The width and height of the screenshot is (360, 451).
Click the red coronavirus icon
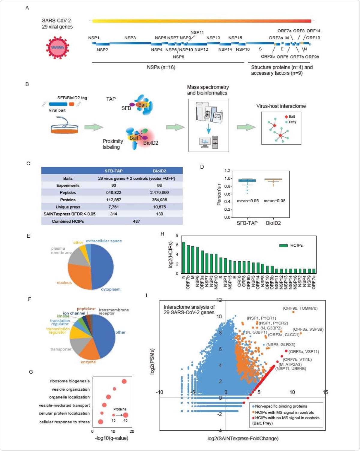point(58,47)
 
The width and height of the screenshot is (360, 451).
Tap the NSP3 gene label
point(130,38)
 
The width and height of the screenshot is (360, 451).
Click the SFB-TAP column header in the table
point(113,171)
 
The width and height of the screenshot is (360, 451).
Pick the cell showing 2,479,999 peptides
point(159,193)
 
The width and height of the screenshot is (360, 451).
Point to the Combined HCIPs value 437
point(136,221)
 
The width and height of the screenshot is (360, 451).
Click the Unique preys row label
point(68,207)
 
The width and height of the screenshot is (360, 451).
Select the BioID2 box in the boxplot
point(273,179)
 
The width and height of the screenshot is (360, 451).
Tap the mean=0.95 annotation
point(248,201)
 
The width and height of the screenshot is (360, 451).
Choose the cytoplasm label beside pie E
point(111,289)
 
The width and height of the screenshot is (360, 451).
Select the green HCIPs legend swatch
point(283,245)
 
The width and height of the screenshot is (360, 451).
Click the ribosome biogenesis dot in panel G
point(124,381)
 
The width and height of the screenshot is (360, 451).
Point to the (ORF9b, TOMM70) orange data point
point(293,312)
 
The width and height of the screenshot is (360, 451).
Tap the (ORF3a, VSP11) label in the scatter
point(304,352)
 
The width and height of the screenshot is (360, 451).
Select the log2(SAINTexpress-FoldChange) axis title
point(243,438)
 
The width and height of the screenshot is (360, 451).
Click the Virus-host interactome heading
point(281,106)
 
